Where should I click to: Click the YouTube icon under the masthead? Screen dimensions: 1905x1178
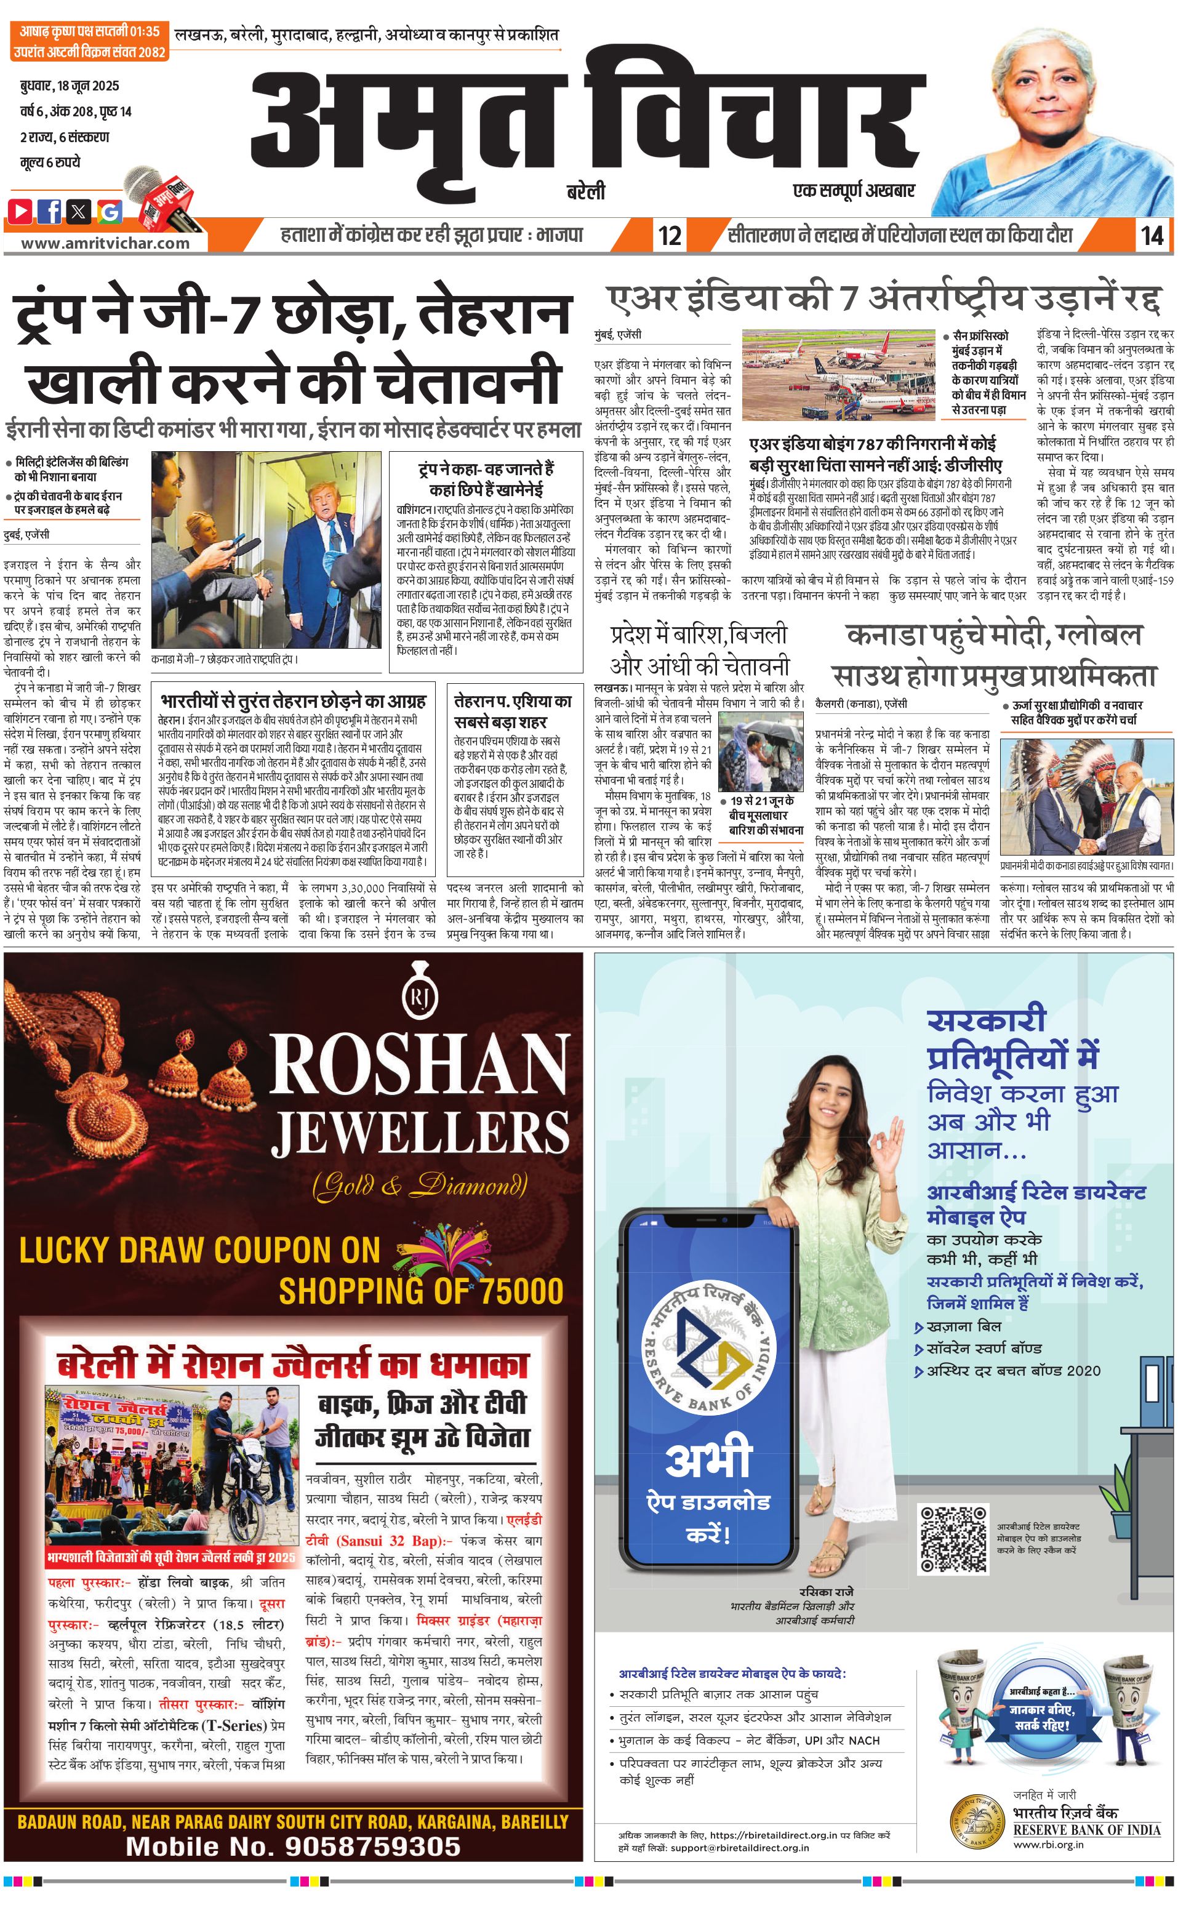coord(21,211)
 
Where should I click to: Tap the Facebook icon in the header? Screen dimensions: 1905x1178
coord(50,211)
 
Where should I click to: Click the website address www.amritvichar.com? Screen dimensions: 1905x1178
coord(105,243)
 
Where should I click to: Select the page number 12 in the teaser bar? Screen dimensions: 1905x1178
coord(669,235)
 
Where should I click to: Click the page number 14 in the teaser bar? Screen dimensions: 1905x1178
coord(1152,235)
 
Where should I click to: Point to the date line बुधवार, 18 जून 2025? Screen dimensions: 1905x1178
coord(70,86)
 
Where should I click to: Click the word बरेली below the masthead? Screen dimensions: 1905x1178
coord(586,191)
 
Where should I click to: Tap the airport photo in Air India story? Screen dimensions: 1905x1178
coord(838,375)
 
